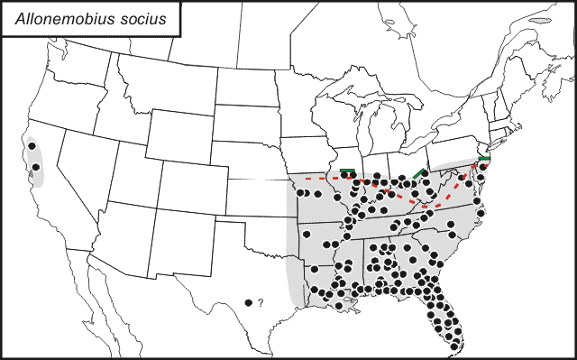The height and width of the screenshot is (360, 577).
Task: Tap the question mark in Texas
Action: (x=260, y=303)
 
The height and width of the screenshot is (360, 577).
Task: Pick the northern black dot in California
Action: (x=32, y=145)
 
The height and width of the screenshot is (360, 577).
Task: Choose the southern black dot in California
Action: (x=37, y=167)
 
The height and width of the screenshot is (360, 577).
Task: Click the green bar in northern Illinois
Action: (x=347, y=170)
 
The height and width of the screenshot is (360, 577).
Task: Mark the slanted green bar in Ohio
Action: (x=419, y=171)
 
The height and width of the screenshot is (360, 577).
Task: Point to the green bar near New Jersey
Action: (x=484, y=159)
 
